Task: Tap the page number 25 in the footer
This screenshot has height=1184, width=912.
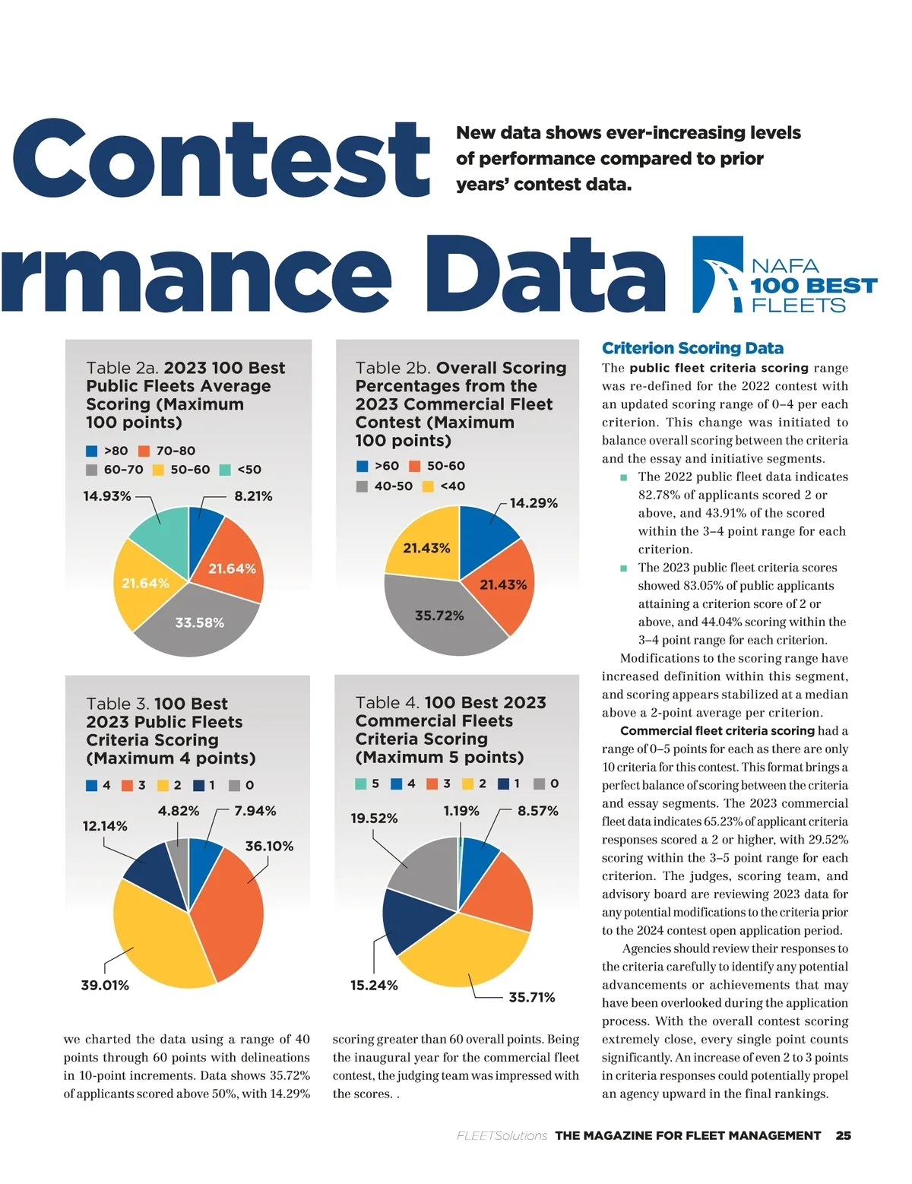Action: tap(843, 1135)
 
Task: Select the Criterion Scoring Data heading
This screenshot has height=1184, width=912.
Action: tap(692, 348)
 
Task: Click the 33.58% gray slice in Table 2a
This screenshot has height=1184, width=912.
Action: tap(199, 622)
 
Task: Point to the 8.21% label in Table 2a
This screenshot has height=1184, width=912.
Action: tap(253, 496)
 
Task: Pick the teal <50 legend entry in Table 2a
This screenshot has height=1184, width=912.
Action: tap(241, 470)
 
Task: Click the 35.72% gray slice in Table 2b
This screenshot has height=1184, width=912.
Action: tap(439, 616)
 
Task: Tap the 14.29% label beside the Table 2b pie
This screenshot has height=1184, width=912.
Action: tap(534, 503)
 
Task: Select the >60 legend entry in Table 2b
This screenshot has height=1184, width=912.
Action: tap(378, 466)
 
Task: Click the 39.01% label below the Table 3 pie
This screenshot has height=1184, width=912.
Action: tap(105, 985)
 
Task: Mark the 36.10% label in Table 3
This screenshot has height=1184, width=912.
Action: tap(269, 846)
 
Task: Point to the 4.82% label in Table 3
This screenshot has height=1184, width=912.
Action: tap(179, 811)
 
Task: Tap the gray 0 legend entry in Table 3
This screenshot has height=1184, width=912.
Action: tap(242, 785)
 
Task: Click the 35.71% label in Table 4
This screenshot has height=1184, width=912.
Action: tap(531, 997)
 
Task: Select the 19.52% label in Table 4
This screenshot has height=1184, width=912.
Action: tap(374, 818)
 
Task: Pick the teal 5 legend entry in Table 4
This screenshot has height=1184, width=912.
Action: tap(368, 784)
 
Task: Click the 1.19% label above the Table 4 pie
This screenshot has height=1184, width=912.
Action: tap(461, 811)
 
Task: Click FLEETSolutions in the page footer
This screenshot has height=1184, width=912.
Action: tap(502, 1135)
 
